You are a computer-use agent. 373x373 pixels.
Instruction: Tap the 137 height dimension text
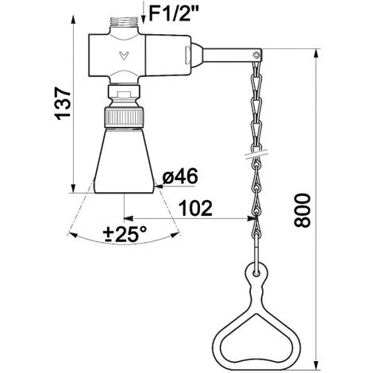63,103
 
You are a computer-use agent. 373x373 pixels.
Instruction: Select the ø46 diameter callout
180,176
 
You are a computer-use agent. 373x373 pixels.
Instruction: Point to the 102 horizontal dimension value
195,208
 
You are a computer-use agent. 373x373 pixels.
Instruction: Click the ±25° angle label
125,234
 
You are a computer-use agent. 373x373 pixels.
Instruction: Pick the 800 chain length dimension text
302,210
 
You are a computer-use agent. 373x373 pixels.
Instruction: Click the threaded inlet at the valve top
124,22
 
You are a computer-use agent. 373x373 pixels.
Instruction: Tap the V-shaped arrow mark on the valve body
124,56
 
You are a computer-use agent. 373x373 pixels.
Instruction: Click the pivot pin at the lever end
256,56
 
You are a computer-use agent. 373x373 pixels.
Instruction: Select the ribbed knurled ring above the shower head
124,117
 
